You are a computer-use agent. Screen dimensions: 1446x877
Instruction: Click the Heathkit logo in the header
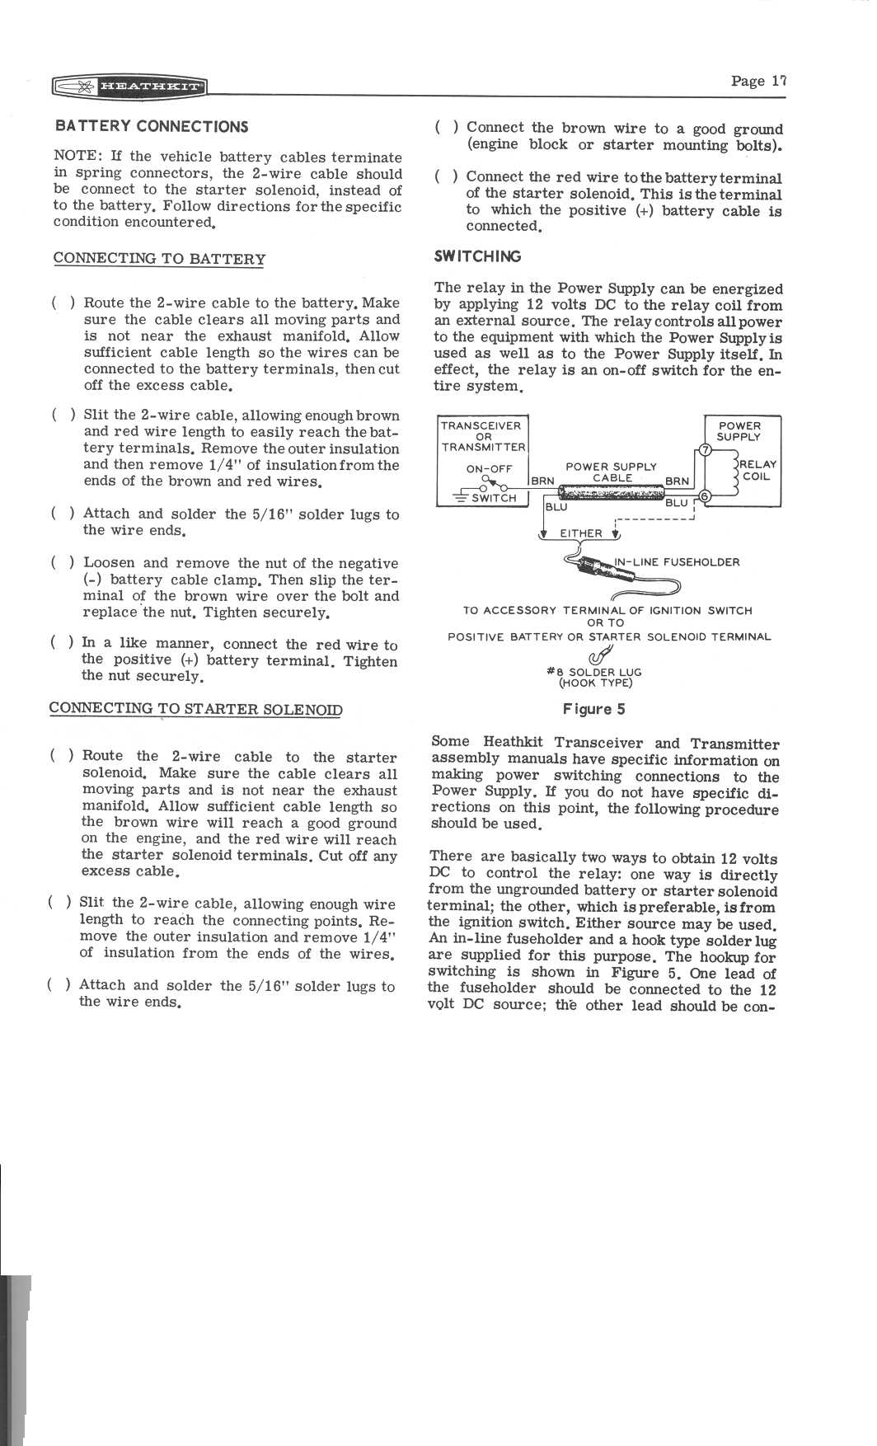[x=129, y=86]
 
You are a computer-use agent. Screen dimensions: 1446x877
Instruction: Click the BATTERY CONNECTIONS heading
[x=151, y=126]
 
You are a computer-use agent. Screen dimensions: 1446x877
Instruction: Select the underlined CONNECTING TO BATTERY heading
[x=159, y=259]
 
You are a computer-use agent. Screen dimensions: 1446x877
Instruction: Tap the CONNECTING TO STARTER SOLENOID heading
[x=195, y=709]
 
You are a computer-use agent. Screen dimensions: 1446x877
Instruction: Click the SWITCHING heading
[x=477, y=256]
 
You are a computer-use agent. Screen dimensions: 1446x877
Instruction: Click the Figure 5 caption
[x=593, y=709]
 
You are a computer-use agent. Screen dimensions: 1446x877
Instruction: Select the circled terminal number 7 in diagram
[x=704, y=449]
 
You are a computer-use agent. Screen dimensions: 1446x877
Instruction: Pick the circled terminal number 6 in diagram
[x=705, y=496]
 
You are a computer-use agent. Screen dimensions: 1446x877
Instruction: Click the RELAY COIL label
[x=757, y=471]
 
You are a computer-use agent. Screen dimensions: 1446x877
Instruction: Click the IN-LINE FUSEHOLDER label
[x=677, y=562]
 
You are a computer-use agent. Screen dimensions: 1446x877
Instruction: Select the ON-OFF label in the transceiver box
[x=489, y=468]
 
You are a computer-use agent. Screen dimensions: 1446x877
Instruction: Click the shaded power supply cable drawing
[x=611, y=492]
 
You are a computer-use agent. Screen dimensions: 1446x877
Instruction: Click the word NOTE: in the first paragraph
[x=75, y=157]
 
